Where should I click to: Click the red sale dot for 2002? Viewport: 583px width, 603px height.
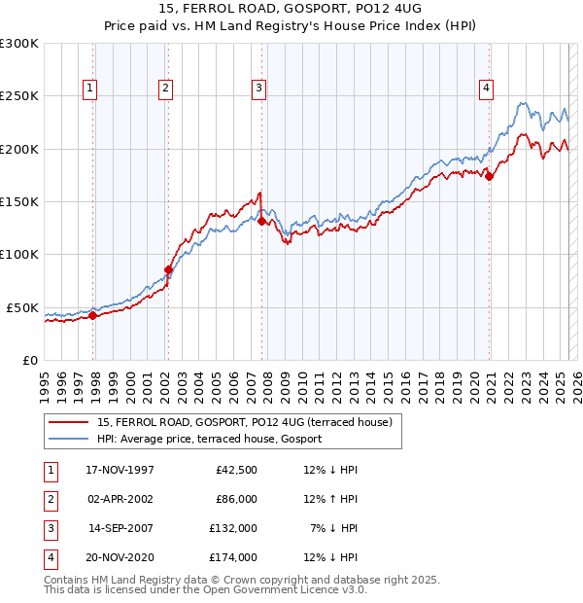168,269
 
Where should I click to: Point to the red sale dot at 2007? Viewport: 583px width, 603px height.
261,221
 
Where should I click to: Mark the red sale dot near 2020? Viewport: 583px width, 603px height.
490,176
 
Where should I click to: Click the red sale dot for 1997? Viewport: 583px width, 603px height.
93,315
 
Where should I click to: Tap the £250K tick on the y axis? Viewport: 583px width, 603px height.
19,96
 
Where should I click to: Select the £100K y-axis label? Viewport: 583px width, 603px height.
19,254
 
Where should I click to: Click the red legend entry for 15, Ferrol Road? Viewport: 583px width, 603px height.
244,422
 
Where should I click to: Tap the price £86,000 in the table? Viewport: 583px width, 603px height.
234,499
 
